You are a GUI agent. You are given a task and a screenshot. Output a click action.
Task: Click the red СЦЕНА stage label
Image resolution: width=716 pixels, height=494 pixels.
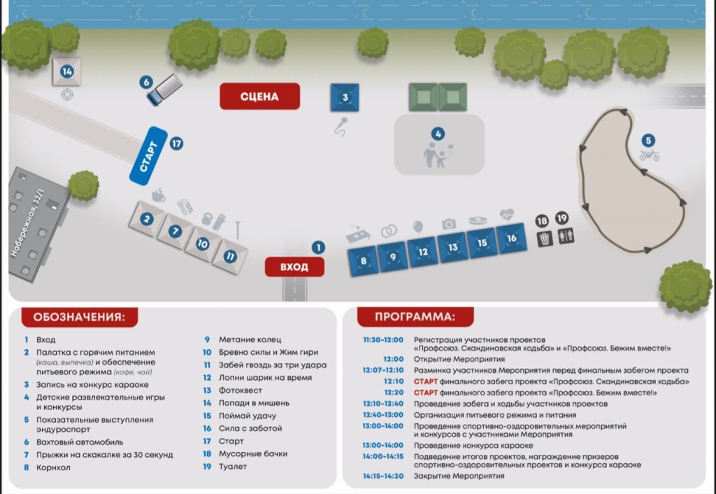tap(259, 97)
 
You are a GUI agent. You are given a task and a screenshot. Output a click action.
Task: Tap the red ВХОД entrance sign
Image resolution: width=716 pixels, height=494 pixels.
tap(295, 267)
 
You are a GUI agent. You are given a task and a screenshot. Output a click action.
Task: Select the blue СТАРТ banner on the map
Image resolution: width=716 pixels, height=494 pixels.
tap(148, 155)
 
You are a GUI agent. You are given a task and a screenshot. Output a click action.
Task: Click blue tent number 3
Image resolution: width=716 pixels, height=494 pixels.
tap(345, 97)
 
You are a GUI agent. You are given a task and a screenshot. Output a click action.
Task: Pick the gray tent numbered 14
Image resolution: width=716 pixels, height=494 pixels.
tap(67, 71)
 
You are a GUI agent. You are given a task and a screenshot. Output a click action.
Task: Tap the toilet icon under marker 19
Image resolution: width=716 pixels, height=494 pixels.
tap(565, 238)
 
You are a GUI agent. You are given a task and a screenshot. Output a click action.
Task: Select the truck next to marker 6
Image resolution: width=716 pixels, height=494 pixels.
tap(165, 90)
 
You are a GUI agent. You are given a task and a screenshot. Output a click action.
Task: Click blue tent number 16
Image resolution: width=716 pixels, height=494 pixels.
tap(511, 239)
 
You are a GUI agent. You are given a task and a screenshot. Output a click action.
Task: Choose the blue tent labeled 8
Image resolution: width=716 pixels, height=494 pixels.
tap(364, 262)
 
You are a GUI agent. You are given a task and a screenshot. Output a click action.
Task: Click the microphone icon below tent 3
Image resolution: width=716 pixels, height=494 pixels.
tap(342, 126)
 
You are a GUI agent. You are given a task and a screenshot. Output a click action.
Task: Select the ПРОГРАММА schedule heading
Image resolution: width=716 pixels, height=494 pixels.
tap(411, 317)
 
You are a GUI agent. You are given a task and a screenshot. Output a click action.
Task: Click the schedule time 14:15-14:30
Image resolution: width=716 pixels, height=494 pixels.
tap(383, 476)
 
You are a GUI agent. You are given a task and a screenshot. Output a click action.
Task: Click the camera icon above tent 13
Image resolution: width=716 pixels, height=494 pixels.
tap(449, 224)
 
